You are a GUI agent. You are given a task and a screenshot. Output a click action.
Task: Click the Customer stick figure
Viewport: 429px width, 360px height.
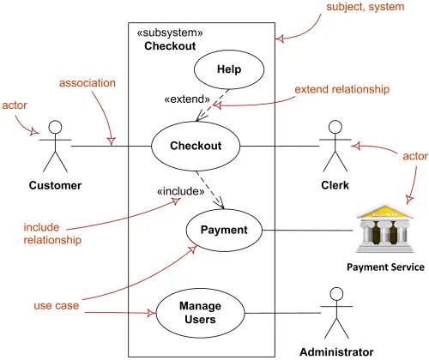coord(56,146)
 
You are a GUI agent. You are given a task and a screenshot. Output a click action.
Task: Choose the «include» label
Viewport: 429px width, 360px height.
coord(178,191)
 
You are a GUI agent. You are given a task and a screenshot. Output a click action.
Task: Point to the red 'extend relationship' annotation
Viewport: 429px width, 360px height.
coord(342,89)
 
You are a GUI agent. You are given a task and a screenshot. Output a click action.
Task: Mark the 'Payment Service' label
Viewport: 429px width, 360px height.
coord(385,267)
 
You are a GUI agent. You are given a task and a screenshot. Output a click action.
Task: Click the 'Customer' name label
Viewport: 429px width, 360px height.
coord(55,185)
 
